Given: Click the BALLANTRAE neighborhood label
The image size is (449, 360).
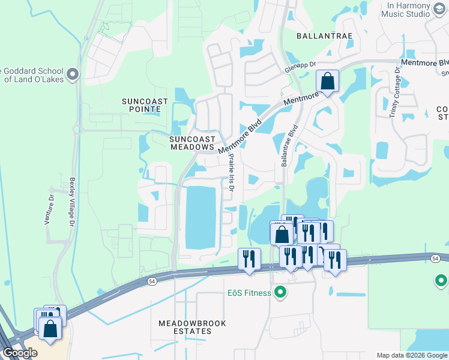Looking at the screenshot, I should click(322, 36).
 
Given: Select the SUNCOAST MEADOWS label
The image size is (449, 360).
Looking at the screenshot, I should click(191, 142).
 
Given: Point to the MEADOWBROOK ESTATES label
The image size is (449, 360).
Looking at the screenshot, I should click(192, 327).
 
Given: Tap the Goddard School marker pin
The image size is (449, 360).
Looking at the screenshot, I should click(73, 74).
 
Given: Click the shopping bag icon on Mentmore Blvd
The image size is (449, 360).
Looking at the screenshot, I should click(327, 81).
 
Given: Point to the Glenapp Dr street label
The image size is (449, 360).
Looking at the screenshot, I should click(300, 69).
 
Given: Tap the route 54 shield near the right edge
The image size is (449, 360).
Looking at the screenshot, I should click(435, 257).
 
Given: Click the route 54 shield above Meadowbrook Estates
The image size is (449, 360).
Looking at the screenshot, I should click(152, 281).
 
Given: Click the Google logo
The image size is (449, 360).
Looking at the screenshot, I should click(19, 352).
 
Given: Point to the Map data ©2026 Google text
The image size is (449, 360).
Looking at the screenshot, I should click(412, 355).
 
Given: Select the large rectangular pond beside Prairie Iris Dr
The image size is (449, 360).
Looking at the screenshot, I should click(200, 218).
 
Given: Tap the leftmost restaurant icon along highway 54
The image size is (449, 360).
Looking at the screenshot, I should click(249, 259).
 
